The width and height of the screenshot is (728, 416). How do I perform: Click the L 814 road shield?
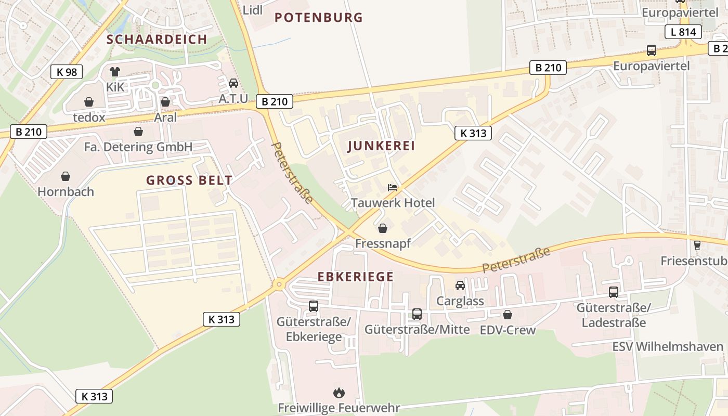(683, 32)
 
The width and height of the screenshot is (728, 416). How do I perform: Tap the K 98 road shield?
(67, 72)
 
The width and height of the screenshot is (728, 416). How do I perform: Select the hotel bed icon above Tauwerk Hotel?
(393, 188)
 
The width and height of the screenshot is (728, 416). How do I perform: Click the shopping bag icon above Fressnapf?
(383, 228)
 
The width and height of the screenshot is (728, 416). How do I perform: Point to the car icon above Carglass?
(460, 285)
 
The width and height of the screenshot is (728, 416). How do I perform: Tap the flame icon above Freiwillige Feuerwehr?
(339, 393)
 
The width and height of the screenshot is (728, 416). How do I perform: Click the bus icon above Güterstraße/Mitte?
(417, 314)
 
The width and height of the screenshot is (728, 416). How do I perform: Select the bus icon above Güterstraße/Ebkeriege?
(313, 306)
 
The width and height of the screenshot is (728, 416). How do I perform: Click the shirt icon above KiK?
(115, 72)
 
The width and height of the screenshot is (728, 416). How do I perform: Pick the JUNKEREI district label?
(381, 146)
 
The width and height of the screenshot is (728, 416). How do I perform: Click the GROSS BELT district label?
(189, 180)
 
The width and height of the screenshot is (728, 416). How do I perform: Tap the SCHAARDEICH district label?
(157, 40)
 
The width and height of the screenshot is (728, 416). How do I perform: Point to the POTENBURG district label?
(318, 18)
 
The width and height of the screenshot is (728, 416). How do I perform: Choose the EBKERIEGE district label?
(355, 277)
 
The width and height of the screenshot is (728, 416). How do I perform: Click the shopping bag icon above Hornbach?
(66, 176)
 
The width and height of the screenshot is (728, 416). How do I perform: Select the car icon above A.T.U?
(233, 83)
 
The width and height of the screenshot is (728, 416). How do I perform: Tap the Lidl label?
(253, 10)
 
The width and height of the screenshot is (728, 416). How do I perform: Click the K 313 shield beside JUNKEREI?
(473, 133)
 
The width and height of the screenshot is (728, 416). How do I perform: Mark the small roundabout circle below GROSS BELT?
(279, 284)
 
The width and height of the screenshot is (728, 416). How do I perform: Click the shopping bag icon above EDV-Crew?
(507, 315)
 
